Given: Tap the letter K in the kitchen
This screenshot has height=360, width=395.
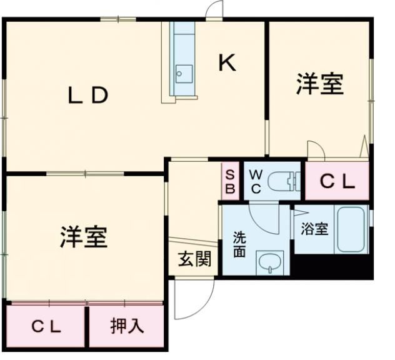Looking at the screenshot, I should (227, 62).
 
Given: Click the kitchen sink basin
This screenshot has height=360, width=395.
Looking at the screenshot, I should (183, 71).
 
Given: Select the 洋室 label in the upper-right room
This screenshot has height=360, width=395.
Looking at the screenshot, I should (319, 84).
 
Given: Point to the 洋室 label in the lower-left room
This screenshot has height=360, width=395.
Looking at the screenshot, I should (84, 237).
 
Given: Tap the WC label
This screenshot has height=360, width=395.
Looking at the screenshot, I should (256, 181).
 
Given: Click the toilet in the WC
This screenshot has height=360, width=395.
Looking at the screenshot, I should (284, 182).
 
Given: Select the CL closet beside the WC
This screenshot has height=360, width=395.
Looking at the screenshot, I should (337, 182).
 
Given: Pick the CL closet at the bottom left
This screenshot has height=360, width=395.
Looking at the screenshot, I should (46, 326).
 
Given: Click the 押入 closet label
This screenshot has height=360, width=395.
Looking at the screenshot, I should (127, 326).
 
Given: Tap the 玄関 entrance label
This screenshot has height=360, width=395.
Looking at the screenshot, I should (193, 258).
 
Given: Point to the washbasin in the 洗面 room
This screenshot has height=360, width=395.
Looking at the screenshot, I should (269, 262).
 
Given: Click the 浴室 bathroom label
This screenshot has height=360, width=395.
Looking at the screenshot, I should (314, 229).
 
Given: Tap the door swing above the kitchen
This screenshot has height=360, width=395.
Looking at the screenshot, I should (215, 10).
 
